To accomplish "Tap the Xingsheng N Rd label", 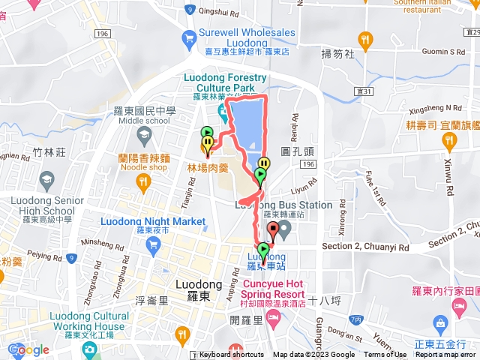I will (x=443, y=109).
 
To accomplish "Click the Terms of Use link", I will (x=385, y=355).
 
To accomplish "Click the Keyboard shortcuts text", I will (x=232, y=355).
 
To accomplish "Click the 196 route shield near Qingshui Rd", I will (x=103, y=34).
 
